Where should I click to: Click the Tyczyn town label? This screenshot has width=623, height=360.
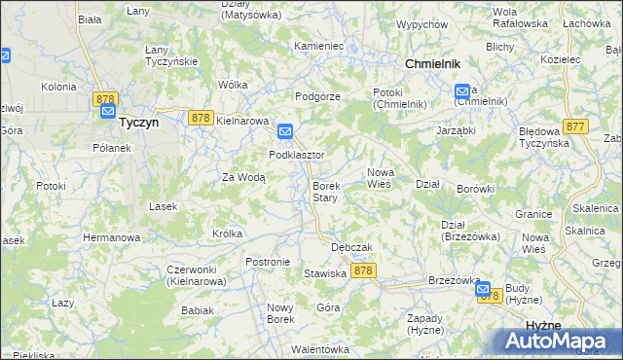138,124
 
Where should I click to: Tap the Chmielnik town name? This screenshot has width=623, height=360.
431,63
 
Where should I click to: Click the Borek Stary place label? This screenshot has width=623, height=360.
324,192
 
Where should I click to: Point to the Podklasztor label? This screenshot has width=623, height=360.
296,155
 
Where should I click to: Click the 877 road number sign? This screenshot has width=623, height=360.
574,126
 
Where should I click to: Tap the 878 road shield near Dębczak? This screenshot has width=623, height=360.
363,270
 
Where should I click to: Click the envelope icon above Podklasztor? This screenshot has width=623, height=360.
285,131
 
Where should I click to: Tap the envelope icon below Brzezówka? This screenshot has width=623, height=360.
482,289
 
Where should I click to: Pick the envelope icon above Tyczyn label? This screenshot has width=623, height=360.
107,111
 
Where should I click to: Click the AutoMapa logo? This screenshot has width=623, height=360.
556,342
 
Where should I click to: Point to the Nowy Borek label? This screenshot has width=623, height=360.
280,313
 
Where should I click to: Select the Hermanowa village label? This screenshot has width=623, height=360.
111,237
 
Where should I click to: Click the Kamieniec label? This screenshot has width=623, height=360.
319,46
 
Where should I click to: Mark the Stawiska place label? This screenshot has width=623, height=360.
325,274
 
